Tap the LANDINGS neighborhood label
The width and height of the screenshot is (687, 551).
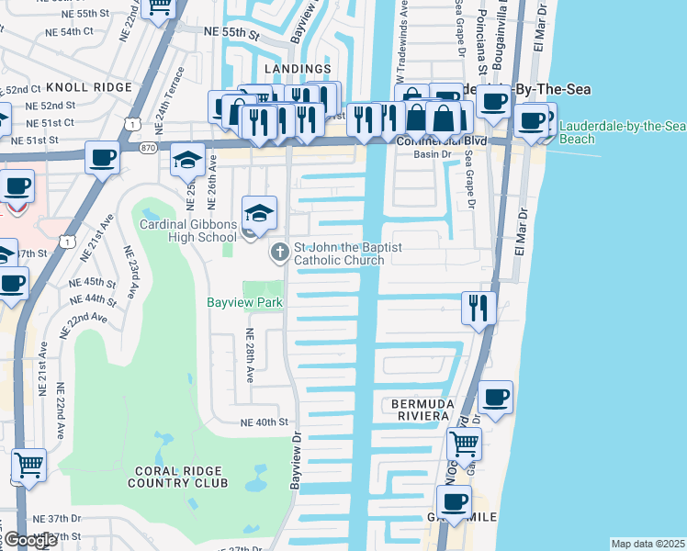tap(297, 69)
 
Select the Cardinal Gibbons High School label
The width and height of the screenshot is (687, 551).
tap(187, 231)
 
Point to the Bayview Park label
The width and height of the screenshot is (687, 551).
tap(244, 301)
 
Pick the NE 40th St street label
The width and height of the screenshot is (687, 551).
tap(264, 422)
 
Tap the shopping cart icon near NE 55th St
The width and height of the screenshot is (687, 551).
tap(160, 7)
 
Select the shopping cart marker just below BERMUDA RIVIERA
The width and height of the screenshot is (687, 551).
tap(464, 444)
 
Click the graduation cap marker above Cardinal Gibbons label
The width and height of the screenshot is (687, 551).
tap(259, 214)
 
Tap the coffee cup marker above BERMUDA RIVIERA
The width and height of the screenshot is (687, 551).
tap(495, 398)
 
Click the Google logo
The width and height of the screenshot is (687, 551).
tap(30, 541)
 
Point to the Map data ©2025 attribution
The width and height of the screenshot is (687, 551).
tap(647, 544)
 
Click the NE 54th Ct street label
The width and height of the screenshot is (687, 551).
tap(73, 30)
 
